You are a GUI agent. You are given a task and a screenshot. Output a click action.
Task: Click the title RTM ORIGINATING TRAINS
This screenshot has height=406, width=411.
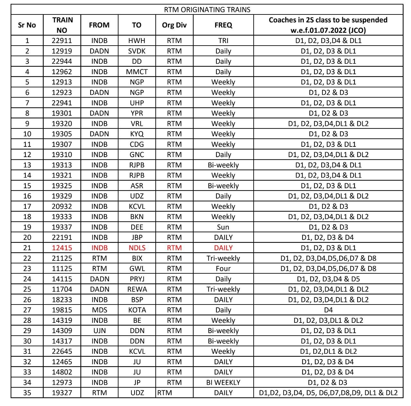207,10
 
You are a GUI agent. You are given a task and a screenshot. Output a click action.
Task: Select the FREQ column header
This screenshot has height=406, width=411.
223,25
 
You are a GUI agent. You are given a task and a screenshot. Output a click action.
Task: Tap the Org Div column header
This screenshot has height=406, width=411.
174,25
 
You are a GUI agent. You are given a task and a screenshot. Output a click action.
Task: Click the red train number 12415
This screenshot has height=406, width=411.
62,248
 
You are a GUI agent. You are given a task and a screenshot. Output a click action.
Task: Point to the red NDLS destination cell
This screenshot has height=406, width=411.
137,248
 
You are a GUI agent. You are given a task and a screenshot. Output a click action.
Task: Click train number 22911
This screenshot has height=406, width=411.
62,40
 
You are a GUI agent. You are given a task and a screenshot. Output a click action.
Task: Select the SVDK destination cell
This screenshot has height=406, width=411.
137,51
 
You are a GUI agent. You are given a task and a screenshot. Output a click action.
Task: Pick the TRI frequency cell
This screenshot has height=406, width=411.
223,40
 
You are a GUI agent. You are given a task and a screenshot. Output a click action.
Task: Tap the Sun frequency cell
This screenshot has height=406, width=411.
223,227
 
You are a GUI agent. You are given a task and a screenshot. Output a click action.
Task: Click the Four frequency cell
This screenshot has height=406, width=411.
223,269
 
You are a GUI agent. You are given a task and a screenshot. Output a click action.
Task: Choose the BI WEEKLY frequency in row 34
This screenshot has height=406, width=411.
223,382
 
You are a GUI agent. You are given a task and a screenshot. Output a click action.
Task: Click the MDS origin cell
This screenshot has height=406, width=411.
99,310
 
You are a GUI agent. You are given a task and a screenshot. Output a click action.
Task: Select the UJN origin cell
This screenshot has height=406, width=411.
99,331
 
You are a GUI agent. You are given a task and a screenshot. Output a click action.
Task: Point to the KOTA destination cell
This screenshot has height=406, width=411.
137,310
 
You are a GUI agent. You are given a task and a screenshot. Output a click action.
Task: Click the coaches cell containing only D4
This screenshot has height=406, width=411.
328,310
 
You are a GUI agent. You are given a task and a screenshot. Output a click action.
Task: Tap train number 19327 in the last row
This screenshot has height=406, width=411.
62,393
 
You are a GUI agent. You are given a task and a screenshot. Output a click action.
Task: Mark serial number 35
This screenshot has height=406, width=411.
27,393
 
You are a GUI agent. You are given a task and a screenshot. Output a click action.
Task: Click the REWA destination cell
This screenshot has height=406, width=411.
137,289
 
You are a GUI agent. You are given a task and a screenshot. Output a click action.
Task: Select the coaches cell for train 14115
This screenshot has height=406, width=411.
328,279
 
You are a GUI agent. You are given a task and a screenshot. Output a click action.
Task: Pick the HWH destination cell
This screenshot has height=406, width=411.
137,40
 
